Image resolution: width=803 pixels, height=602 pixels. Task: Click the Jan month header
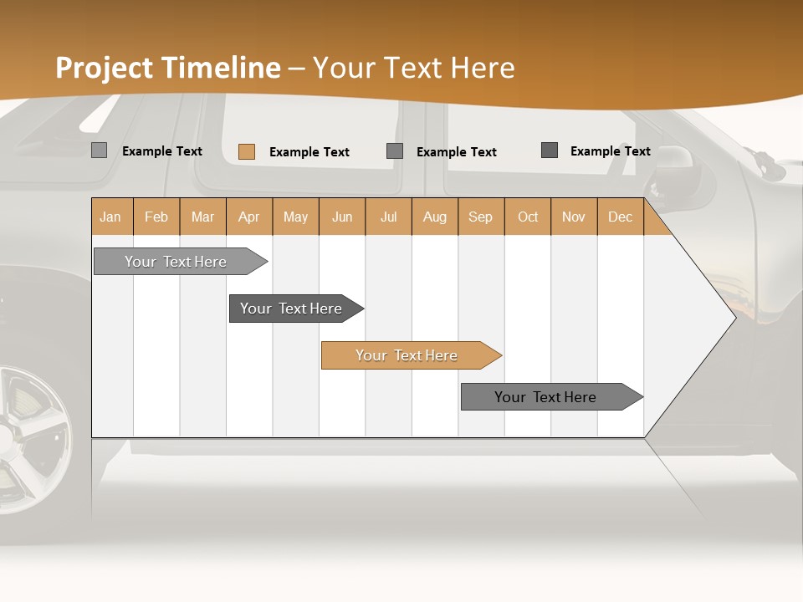[x=111, y=217]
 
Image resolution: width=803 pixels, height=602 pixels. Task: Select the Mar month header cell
[x=202, y=217]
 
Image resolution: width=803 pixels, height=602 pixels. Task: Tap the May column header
[x=295, y=217]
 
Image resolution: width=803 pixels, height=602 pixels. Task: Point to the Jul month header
[x=388, y=217]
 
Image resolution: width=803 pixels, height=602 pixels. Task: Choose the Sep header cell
[x=480, y=217]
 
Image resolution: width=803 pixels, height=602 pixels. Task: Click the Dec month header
[x=620, y=217]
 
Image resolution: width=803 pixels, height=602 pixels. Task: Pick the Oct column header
[x=528, y=217]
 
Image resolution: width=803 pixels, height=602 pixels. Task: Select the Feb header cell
[x=156, y=217]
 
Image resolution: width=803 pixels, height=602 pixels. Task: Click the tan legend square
[x=246, y=151]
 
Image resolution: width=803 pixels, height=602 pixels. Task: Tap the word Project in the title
[x=105, y=68]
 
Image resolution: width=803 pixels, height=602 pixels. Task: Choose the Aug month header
[x=434, y=217]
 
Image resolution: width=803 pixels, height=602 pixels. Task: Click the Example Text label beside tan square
[x=309, y=152]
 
